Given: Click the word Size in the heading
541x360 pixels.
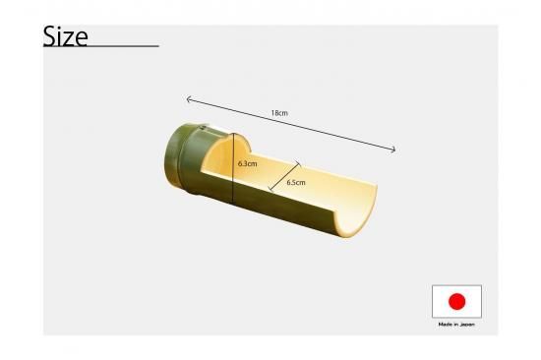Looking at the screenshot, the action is coord(65,36).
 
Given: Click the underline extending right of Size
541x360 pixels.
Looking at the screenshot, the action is coord(124,45).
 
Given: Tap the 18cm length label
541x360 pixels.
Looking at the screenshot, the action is coord(279,113).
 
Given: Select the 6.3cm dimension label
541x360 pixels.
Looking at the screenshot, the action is coord(247,163).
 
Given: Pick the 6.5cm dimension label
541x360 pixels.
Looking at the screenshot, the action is coord(296,182).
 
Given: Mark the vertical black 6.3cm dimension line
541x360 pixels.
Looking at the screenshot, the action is coord(233,168).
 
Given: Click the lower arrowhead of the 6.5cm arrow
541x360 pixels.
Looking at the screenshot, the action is coord(270,189).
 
